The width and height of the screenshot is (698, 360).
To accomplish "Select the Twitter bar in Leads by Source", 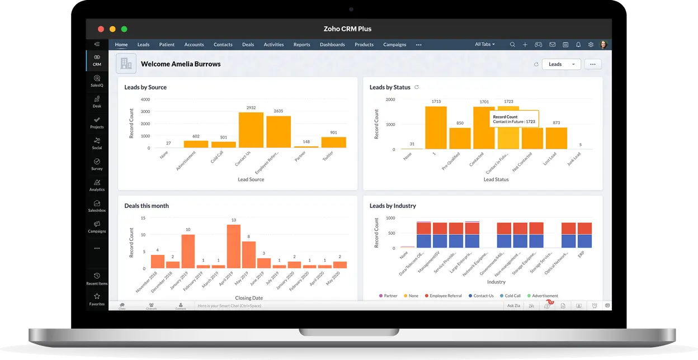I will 333,143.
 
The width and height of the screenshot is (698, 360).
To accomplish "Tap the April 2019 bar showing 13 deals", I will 233,247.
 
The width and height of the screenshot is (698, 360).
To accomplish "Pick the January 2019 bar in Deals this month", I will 188,252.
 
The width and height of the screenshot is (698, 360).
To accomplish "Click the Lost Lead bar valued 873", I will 556,138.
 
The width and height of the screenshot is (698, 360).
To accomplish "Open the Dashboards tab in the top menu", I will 332,45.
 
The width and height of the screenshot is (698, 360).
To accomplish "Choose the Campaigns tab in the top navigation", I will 395,45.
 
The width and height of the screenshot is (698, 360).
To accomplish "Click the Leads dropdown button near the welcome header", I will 561,64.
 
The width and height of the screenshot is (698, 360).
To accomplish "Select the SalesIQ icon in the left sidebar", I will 97,81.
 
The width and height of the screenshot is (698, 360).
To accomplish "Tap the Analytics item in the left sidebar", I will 97,185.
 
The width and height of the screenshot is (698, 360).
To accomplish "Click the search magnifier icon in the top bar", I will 512,45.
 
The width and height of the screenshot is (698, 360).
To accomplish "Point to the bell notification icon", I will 578,45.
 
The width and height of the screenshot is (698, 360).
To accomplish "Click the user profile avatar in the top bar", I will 603,45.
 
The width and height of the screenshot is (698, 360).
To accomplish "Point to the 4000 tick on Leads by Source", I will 145,100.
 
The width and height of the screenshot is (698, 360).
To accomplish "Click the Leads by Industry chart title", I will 393,206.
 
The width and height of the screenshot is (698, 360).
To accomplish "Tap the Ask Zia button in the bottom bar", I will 513,306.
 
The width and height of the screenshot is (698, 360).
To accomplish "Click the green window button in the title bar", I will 124,29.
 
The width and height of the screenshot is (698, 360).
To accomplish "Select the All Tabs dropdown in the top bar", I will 484,45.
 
